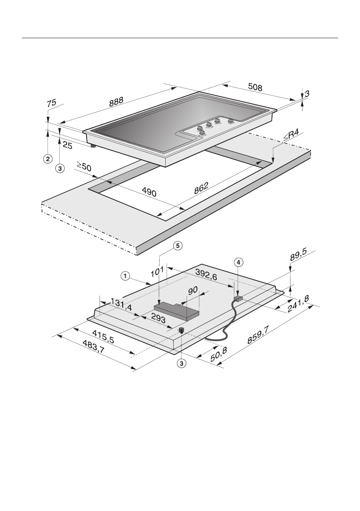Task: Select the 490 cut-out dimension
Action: [148, 193]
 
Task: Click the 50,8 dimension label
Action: [218, 355]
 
